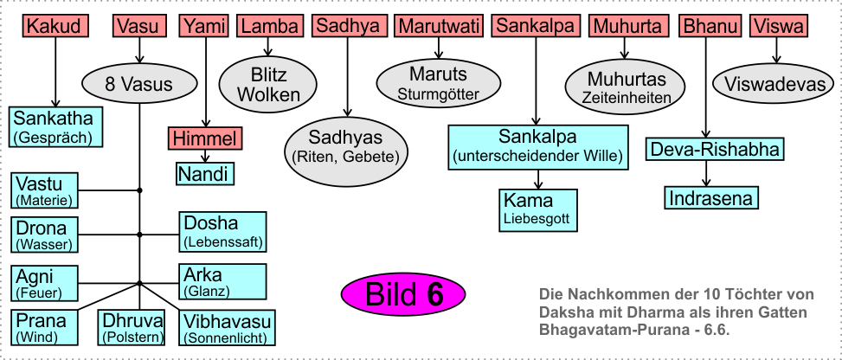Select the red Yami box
pos(202,27)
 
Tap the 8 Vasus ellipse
pos(139,84)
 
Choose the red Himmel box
pos(205,138)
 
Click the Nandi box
pos(204,174)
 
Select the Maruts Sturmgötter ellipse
pos(439,82)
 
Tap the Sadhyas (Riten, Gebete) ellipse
pos(346,146)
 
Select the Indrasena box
pos(711,197)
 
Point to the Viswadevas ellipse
pos(773,85)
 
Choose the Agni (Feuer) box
pos(45,283)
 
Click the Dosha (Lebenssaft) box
pos(222,231)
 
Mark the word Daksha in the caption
pos(563,311)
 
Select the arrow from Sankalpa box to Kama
pos(537,178)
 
